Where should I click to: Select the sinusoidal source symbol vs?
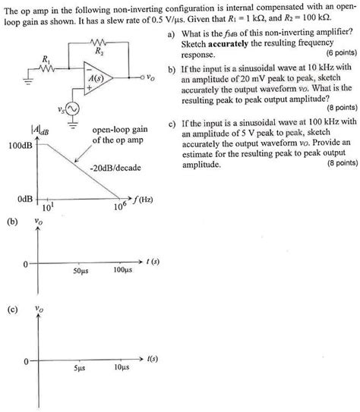pos(73,112)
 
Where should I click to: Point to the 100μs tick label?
pos(122,271)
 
